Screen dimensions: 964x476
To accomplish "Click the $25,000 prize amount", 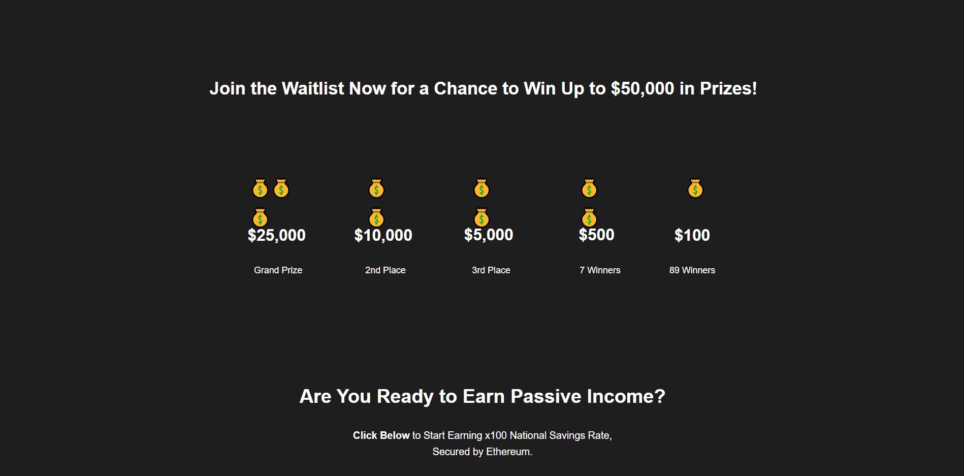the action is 277,235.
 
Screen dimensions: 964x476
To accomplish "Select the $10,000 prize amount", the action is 383,235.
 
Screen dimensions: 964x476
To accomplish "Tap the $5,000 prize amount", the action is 489,235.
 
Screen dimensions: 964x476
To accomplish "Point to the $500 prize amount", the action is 597,235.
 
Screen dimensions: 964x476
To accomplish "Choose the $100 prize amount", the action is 692,235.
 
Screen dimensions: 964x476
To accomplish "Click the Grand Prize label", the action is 278,270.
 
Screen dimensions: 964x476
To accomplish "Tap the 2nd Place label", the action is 385,270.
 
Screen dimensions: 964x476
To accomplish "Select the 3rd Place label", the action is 491,270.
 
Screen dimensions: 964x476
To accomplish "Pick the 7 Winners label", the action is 600,270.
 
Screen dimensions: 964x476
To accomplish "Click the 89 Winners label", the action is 692,270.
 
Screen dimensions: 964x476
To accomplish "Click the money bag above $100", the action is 695,188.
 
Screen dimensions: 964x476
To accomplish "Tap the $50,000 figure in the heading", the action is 642,89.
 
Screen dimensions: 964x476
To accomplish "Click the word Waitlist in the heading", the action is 313,89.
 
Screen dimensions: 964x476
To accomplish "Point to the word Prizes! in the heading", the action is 728,89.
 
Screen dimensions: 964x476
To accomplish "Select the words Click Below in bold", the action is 381,435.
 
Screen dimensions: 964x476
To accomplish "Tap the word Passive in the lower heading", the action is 546,397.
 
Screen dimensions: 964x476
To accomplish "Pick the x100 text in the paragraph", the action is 496,435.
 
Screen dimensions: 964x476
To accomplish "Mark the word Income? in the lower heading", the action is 626,397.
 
